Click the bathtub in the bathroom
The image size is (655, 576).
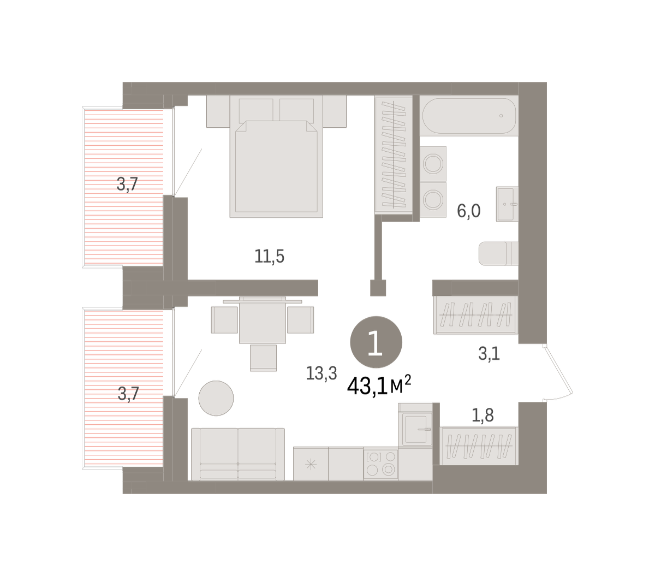point(469,116)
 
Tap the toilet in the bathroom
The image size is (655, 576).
point(498,253)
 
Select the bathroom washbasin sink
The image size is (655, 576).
point(507,204)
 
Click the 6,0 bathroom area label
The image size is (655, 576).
point(468,211)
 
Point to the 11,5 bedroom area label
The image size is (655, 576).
point(269,257)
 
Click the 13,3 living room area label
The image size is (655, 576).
point(321,373)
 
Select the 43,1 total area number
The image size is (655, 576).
point(367,387)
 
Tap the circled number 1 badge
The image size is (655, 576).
point(376,342)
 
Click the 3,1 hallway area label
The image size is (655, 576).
point(489,354)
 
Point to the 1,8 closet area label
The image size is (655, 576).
point(483,415)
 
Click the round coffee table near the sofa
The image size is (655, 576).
point(216,398)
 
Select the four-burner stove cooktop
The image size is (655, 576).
point(380,464)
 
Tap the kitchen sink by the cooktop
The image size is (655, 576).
point(416,429)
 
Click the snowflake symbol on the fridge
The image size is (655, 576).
point(311,465)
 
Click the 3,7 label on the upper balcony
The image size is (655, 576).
point(127,185)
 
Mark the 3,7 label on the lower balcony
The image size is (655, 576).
point(128,394)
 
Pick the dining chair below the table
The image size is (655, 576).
point(263,358)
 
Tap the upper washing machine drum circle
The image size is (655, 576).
point(433,164)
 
